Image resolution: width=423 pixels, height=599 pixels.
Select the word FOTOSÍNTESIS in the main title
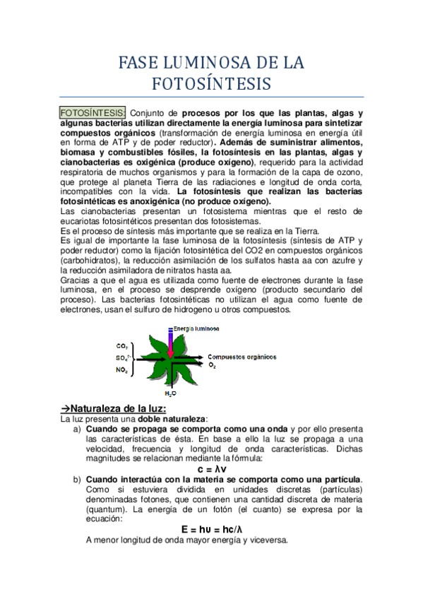pyautogui.click(x=211, y=83)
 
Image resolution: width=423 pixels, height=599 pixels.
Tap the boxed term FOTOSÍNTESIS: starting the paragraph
pyautogui.click(x=92, y=113)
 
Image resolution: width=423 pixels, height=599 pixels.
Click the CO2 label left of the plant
pyautogui.click(x=122, y=346)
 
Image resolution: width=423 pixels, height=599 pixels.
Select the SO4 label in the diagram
pyautogui.click(x=123, y=358)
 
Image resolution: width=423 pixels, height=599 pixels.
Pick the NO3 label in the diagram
pyautogui.click(x=122, y=369)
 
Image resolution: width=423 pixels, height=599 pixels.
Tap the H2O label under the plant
pyautogui.click(x=170, y=393)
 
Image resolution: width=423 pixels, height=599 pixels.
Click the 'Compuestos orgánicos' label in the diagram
pyautogui.click(x=238, y=357)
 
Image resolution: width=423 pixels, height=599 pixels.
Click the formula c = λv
pyautogui.click(x=212, y=469)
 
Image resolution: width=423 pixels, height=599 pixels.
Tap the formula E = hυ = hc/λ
pyautogui.click(x=212, y=529)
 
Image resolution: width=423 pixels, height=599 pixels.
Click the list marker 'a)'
pyautogui.click(x=77, y=429)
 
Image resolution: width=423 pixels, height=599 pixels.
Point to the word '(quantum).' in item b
pyautogui.click(x=107, y=509)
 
